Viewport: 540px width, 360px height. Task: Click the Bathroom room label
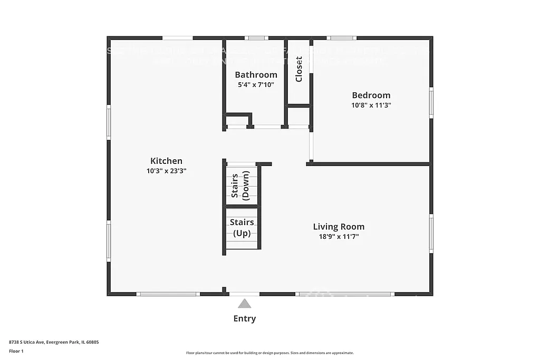pyautogui.click(x=256, y=75)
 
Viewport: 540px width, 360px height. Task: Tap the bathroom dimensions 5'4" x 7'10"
pyautogui.click(x=256, y=84)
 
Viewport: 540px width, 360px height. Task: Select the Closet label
pyautogui.click(x=299, y=69)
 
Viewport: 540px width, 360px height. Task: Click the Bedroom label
pyautogui.click(x=371, y=95)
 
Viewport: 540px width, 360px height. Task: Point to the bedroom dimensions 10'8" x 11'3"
pyautogui.click(x=371, y=105)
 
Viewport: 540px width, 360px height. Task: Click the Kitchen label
pyautogui.click(x=166, y=161)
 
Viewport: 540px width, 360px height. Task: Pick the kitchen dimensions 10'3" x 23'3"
pyautogui.click(x=166, y=171)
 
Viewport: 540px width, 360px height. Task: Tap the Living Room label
pyautogui.click(x=339, y=227)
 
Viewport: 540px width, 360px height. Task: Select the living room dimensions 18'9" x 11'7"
pyautogui.click(x=339, y=237)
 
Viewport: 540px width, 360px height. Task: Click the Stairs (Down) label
pyautogui.click(x=242, y=186)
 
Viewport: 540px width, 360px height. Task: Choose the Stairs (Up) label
pyautogui.click(x=242, y=228)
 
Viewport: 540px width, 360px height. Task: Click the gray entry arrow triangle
pyautogui.click(x=244, y=304)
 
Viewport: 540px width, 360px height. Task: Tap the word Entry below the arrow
pyautogui.click(x=244, y=318)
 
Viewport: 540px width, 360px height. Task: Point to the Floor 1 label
pyautogui.click(x=16, y=351)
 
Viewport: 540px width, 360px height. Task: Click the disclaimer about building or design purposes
pyautogui.click(x=269, y=353)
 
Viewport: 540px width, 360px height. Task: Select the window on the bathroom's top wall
pyautogui.click(x=256, y=38)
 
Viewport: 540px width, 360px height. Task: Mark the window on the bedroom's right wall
pyautogui.click(x=431, y=103)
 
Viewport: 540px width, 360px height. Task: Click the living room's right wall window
pyautogui.click(x=431, y=233)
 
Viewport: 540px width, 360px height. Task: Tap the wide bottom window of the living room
pyautogui.click(x=345, y=294)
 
